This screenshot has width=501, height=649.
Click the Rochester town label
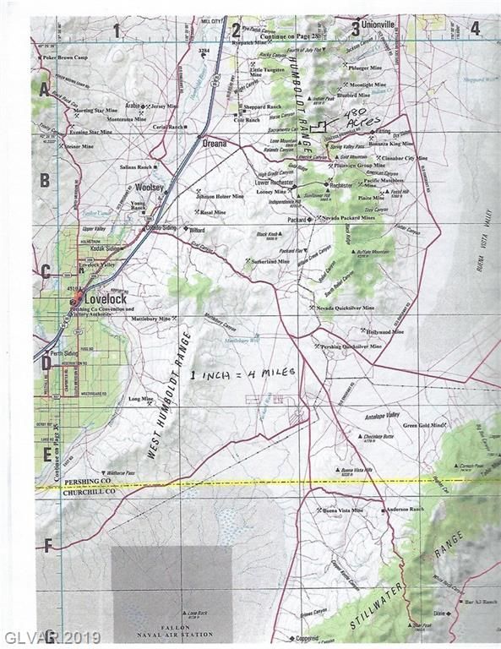click(340, 185)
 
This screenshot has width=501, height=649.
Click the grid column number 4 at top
click(475, 28)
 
